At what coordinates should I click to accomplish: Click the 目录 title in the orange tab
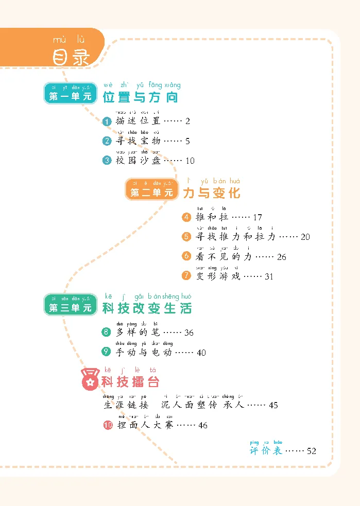(x=71, y=57)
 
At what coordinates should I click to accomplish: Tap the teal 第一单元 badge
(x=70, y=96)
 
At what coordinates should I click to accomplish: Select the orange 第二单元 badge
(x=151, y=193)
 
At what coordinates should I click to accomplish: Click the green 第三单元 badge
(x=70, y=308)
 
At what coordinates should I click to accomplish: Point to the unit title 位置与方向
(x=140, y=97)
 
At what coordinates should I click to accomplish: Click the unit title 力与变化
(x=211, y=193)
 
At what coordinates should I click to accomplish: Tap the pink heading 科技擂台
(x=130, y=382)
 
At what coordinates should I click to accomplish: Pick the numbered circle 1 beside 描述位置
(x=107, y=121)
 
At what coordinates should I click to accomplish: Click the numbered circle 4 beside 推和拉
(x=187, y=217)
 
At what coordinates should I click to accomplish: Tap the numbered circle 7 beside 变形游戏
(x=187, y=276)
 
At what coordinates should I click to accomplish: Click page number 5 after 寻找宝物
(x=188, y=141)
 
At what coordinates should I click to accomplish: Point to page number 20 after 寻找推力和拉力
(x=305, y=237)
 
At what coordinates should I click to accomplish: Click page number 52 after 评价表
(x=311, y=451)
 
